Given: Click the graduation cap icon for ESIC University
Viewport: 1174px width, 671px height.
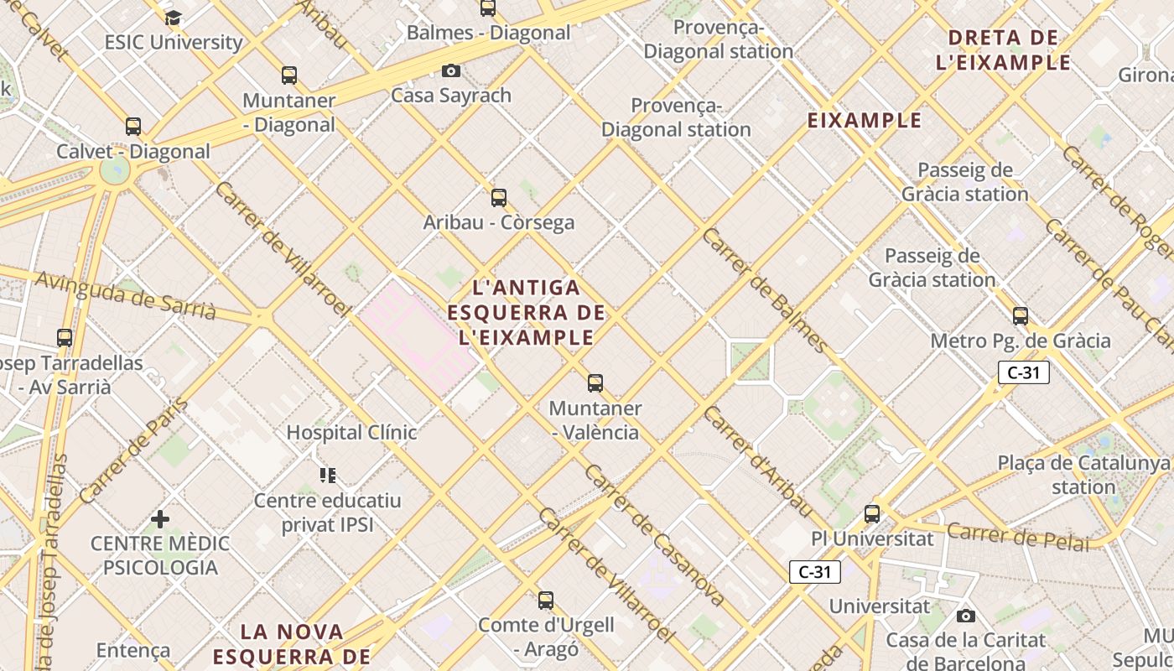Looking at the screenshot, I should [173, 18].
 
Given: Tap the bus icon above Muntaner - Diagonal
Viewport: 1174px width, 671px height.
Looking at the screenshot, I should [289, 75].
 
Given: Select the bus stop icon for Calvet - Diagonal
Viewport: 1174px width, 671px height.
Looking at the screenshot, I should [133, 127].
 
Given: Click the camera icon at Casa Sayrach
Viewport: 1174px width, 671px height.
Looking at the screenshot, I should [451, 70].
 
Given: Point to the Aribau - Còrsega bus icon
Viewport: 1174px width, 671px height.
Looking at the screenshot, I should [499, 198].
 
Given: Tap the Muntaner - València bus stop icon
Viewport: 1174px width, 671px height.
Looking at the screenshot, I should [595, 383].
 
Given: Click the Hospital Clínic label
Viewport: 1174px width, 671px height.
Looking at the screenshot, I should [351, 433].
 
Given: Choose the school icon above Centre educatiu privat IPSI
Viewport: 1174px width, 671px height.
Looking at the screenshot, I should [328, 476].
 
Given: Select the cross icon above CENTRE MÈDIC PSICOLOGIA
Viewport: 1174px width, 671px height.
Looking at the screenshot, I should [160, 519].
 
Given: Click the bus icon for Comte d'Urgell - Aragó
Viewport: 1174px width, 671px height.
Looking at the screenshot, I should [546, 601].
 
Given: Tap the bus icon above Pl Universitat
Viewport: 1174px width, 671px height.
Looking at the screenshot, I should [872, 514].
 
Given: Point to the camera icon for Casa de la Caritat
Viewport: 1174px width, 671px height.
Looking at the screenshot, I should [966, 616].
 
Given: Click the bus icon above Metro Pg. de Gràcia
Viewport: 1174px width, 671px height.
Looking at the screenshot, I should [1021, 316].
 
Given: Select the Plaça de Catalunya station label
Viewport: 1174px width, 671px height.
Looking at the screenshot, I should [1083, 475].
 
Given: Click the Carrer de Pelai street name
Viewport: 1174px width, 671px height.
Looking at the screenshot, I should [1018, 537].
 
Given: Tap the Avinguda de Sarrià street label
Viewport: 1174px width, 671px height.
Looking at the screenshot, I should [126, 298].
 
